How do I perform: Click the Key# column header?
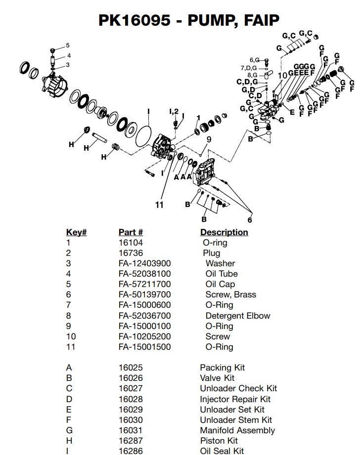click(x=77, y=232)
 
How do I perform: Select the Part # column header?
click(x=131, y=232)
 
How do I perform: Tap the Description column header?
click(x=224, y=232)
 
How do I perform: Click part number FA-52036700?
click(x=144, y=316)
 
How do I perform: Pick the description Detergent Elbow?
click(x=238, y=316)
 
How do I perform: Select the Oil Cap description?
click(x=220, y=284)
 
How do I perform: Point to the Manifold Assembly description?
click(x=237, y=430)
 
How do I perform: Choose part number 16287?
click(x=129, y=441)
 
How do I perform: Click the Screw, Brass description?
click(x=230, y=294)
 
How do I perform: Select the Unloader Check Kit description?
click(x=238, y=388)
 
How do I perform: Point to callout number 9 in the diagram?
click(x=209, y=140)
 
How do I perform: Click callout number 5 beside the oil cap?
click(x=68, y=45)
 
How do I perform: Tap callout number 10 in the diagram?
click(x=282, y=75)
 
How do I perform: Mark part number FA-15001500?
click(x=144, y=347)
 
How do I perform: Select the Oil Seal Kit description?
click(x=222, y=451)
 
